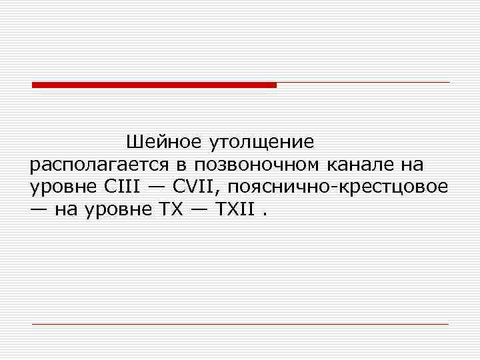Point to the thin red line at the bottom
[240, 324]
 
